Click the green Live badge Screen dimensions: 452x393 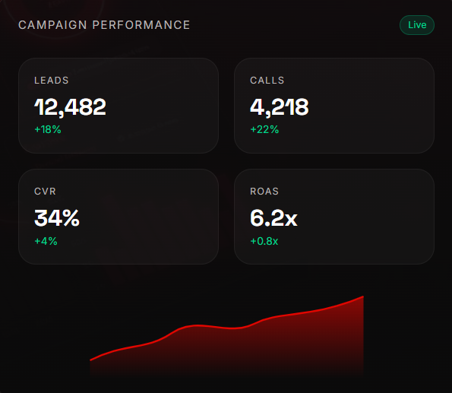[417, 25]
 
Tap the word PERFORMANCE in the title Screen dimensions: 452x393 [141, 25]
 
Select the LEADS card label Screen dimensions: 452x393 [52, 81]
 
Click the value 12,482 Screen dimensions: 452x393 [70, 107]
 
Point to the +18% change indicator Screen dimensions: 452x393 [48, 129]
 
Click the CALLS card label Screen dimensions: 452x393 [267, 81]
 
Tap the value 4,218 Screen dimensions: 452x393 [280, 107]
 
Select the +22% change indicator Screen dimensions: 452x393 [264, 129]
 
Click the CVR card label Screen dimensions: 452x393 [45, 192]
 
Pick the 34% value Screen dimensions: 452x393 [57, 218]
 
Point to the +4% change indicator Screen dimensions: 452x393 [46, 241]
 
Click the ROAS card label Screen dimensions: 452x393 [264, 192]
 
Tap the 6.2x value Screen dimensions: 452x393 [273, 218]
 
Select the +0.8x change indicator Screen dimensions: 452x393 [264, 241]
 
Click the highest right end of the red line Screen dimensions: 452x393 [363, 296]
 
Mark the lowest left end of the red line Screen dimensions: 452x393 [90, 360]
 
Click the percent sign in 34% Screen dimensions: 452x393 [71, 218]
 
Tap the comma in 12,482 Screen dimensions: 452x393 [61, 115]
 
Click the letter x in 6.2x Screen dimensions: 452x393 [291, 220]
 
